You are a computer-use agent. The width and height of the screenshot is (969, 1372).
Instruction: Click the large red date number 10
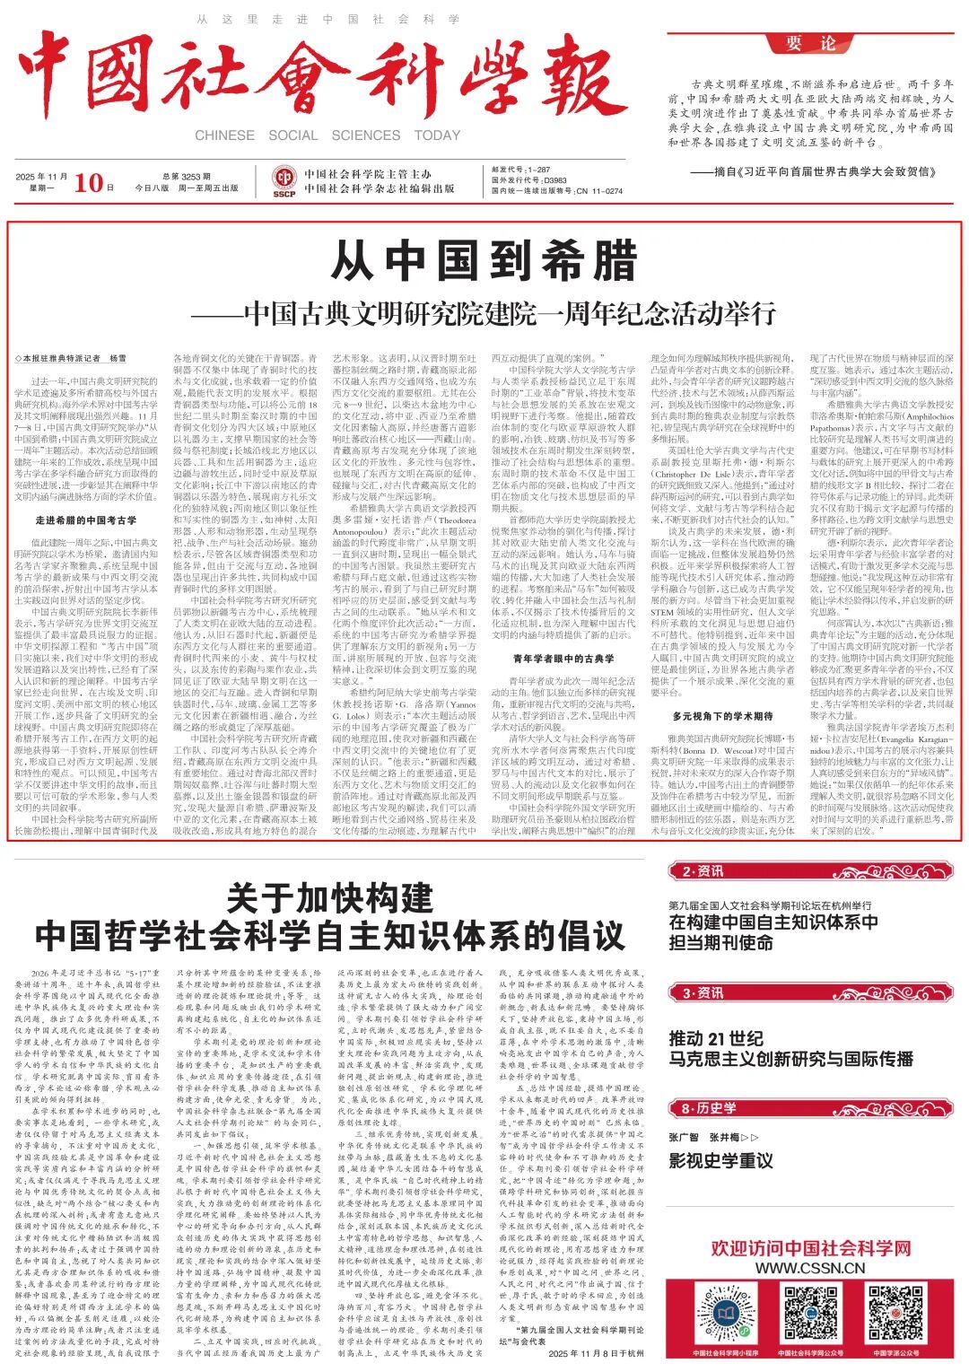pyautogui.click(x=88, y=182)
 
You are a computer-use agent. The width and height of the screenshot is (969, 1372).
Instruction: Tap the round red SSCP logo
pyautogui.click(x=284, y=182)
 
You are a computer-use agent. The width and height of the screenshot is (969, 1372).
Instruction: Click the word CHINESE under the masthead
pyautogui.click(x=224, y=135)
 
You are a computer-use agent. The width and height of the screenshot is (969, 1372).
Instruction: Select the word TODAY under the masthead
pyautogui.click(x=437, y=135)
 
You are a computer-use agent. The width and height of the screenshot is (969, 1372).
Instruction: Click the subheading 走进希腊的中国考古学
pyautogui.click(x=86, y=520)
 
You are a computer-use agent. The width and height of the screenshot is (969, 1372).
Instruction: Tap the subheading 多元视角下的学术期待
pyautogui.click(x=722, y=716)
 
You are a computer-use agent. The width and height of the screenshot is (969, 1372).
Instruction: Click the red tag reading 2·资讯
pyautogui.click(x=703, y=871)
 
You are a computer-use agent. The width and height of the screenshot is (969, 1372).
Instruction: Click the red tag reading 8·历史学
pyautogui.click(x=709, y=1108)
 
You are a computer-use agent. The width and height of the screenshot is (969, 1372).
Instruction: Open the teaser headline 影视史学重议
pyautogui.click(x=720, y=1160)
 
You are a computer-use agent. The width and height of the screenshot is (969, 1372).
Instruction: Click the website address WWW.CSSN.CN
pyautogui.click(x=810, y=1268)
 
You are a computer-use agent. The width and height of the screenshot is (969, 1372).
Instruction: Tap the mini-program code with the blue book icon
pyautogui.click(x=726, y=1314)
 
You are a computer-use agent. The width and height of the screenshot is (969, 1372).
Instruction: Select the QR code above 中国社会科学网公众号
pyautogui.click(x=810, y=1314)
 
